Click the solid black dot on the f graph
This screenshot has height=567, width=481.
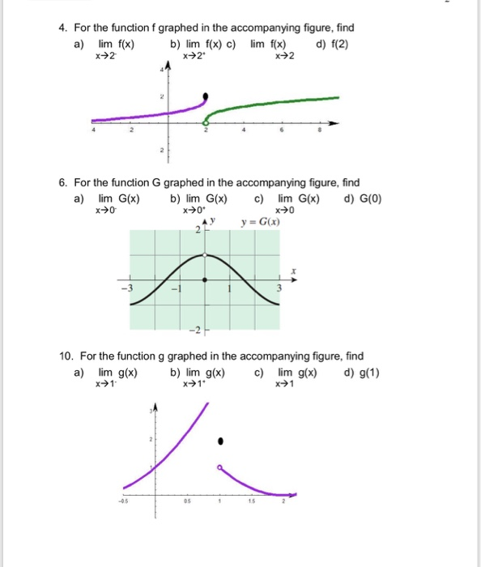205,96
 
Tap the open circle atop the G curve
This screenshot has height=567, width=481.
204,255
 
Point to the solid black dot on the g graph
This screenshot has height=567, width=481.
219,441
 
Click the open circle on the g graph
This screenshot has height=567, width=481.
219,467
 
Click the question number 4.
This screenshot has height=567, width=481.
62,28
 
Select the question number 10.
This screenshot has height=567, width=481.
65,356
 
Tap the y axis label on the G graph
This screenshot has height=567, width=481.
213,220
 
